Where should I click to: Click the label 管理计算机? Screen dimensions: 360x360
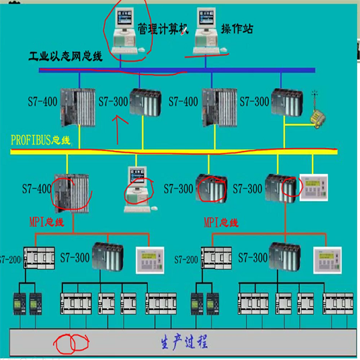pos(163,29)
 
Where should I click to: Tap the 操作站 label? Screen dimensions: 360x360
pos(237,29)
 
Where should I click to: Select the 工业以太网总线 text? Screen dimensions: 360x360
pos(65,56)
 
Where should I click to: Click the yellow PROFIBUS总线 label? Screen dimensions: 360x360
pos(41,140)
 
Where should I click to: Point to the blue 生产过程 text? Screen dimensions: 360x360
pos(184,341)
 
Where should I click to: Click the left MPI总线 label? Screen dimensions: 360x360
pos(47,222)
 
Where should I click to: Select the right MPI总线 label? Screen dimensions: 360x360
pos(221,222)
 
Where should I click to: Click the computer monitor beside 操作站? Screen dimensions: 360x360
pos(206,17)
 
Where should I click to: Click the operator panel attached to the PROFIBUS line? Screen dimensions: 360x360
pos(314,188)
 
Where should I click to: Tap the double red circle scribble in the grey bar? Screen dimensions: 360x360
pos(71,343)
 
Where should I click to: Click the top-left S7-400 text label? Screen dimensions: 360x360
pos(43,102)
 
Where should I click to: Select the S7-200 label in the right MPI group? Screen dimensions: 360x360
pos(186,260)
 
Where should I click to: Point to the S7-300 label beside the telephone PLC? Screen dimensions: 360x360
pos(254,101)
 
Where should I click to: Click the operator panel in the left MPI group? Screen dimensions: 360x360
pos(150,260)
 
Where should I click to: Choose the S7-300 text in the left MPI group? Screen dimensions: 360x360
pos(75,257)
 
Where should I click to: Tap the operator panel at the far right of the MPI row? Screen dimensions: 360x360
pos(328,260)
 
